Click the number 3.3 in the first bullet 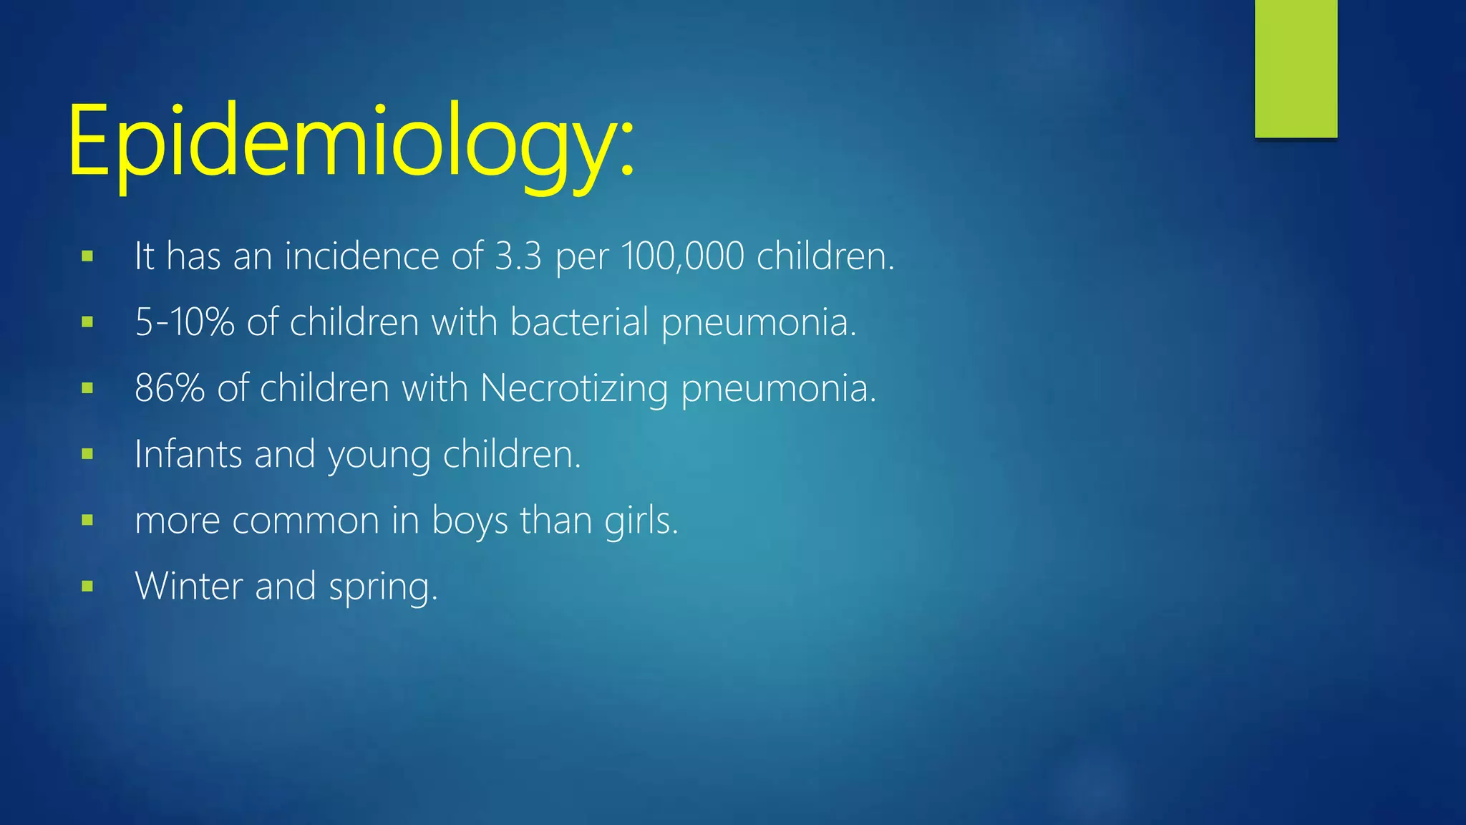pyautogui.click(x=518, y=256)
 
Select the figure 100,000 pyautogui.click(x=683, y=256)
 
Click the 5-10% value pyautogui.click(x=185, y=322)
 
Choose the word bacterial pyautogui.click(x=579, y=322)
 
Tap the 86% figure pyautogui.click(x=170, y=389)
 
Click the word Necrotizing pyautogui.click(x=574, y=389)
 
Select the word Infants pyautogui.click(x=188, y=454)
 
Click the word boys pyautogui.click(x=470, y=521)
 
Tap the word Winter pyautogui.click(x=189, y=586)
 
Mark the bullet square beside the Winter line pyautogui.click(x=87, y=587)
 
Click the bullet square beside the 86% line pyautogui.click(x=87, y=389)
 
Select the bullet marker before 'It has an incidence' pyautogui.click(x=87, y=256)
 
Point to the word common pyautogui.click(x=306, y=521)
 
